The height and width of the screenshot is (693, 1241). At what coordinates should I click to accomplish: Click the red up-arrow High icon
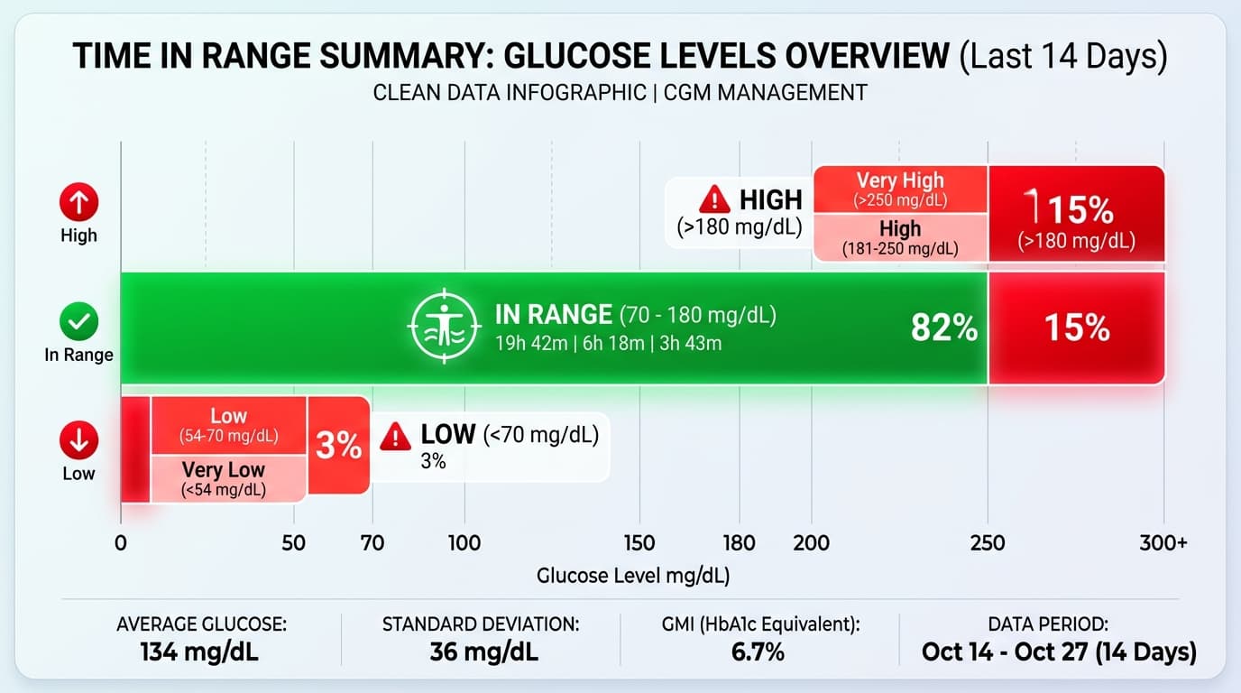(x=78, y=202)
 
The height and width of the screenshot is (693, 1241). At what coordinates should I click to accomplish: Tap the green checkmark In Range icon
(x=78, y=320)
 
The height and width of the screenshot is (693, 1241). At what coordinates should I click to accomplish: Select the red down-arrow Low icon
(x=78, y=441)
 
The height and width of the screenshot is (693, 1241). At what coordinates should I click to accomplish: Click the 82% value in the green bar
(x=944, y=328)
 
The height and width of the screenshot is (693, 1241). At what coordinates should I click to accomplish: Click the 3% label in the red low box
(x=338, y=445)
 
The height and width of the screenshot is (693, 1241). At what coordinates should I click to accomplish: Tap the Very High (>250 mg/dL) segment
(x=900, y=189)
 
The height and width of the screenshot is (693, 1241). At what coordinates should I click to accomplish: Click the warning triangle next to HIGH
(x=714, y=199)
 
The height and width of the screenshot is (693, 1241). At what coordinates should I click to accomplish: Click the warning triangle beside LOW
(x=395, y=438)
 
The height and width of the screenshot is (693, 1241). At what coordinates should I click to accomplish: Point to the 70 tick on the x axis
(x=372, y=543)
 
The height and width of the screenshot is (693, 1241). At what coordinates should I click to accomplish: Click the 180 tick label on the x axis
(x=739, y=543)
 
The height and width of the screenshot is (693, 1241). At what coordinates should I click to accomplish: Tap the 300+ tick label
(x=1163, y=543)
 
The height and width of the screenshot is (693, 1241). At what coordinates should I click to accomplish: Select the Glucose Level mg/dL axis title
(x=633, y=576)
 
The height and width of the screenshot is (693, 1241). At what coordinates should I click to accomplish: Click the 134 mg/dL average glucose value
(x=199, y=651)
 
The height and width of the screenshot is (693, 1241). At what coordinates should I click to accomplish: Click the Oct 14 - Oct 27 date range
(x=1058, y=651)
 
